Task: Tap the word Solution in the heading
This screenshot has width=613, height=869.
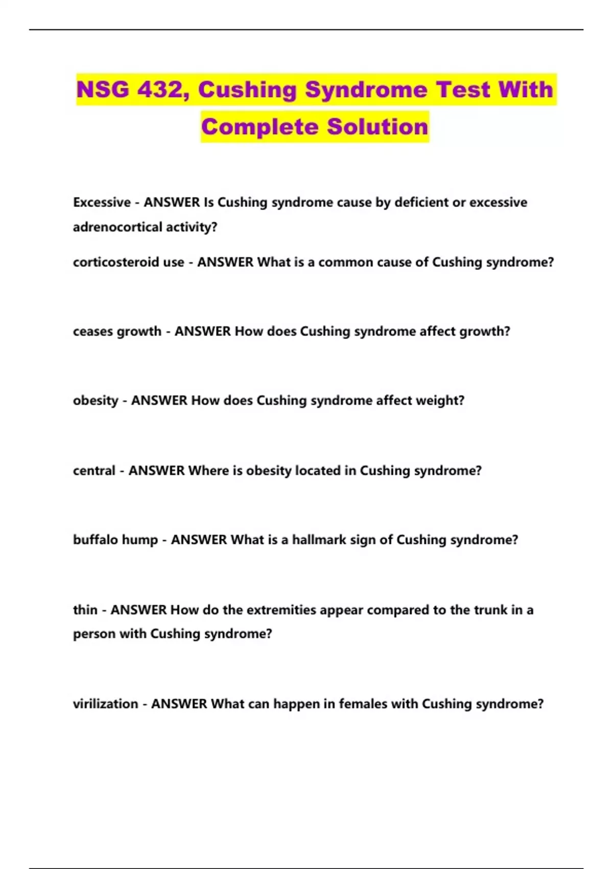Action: click(x=378, y=127)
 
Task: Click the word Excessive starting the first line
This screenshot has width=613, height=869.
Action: click(x=102, y=202)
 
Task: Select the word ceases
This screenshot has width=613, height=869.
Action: click(x=93, y=331)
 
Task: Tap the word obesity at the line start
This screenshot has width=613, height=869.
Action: click(x=96, y=401)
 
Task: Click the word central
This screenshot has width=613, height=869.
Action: click(x=94, y=471)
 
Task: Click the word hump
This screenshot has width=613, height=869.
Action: click(x=140, y=540)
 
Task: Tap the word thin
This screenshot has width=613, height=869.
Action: click(x=85, y=610)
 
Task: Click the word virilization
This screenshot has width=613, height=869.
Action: click(x=105, y=704)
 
